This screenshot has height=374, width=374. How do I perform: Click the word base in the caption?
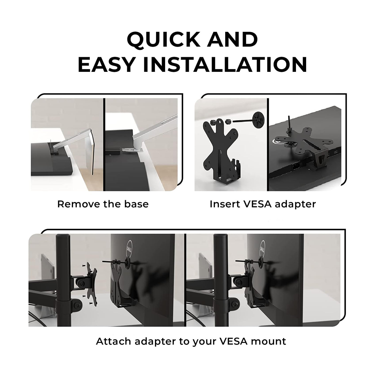(136, 204)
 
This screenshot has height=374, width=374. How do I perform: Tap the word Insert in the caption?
(225, 204)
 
